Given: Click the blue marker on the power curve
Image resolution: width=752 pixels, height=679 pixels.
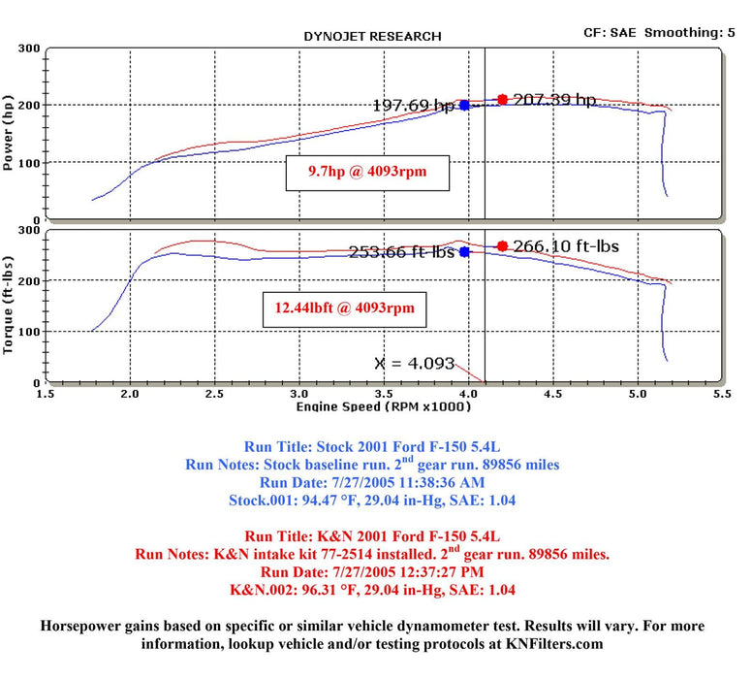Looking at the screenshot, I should (464, 105).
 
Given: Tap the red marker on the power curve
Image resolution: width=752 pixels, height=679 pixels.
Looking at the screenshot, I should (502, 99).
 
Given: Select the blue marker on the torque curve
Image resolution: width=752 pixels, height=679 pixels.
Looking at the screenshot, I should (464, 251).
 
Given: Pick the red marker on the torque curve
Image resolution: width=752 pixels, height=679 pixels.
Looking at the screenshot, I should (502, 245).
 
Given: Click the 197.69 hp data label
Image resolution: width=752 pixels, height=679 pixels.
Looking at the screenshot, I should (414, 105).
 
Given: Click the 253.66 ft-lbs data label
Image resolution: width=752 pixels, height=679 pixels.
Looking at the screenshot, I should (403, 252).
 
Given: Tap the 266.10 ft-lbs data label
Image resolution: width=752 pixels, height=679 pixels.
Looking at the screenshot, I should (566, 246).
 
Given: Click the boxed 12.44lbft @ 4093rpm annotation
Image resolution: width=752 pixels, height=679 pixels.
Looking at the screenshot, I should (345, 308).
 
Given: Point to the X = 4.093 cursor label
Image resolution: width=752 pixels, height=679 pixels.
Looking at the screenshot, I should (414, 364).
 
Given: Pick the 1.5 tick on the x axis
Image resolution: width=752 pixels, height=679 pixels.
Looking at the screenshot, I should (45, 396).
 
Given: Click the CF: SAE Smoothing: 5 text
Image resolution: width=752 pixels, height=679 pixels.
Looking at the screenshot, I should (665, 32).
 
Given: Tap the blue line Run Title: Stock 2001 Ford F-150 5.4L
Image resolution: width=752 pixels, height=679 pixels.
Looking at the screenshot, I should (373, 447).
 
